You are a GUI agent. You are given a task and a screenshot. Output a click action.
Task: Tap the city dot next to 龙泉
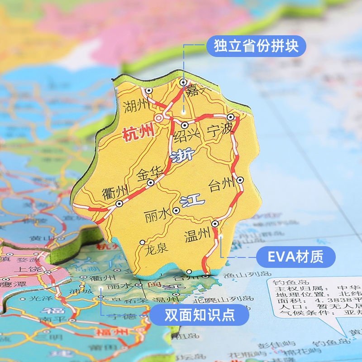pyautogui.click(x=143, y=242)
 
